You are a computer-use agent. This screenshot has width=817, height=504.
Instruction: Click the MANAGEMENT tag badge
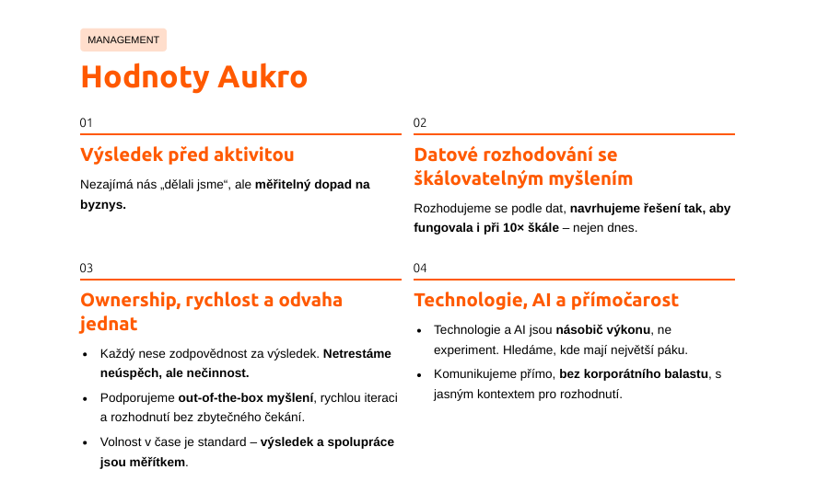coord(123,40)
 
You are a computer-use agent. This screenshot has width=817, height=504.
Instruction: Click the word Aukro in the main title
coord(263,77)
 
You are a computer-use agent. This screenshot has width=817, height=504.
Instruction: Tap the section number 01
coord(86,122)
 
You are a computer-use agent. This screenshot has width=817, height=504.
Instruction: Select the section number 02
coord(420,122)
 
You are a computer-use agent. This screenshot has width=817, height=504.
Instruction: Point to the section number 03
coord(86,268)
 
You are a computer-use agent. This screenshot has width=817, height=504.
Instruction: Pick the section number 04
coord(420,268)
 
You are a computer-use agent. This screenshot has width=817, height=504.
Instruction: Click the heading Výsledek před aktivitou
coord(187,155)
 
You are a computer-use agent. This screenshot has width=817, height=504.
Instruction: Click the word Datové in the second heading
coord(446,155)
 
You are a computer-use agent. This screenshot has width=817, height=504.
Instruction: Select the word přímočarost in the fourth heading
coord(624,301)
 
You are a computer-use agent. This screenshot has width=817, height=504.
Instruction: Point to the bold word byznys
coord(103,205)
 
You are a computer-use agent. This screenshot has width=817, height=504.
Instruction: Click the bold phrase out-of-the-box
coord(221,398)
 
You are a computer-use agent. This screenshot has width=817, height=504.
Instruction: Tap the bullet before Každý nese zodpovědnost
coord(86,355)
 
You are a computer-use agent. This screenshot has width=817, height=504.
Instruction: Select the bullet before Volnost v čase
coord(86,443)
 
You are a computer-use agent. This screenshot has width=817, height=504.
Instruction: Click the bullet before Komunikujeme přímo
coord(419,375)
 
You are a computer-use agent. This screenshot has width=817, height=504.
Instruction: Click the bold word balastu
coord(688,374)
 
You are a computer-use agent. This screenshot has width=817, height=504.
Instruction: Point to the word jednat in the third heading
coord(109,325)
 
